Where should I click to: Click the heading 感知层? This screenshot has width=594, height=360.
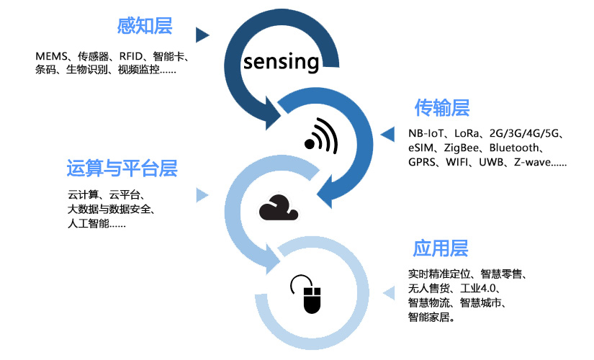click(145, 27)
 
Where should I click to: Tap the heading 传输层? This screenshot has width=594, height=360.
click(441, 108)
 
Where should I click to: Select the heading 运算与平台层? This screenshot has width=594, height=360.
click(122, 168)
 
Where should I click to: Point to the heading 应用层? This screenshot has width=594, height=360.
click(440, 248)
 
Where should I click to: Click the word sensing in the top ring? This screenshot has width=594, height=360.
click(281, 61)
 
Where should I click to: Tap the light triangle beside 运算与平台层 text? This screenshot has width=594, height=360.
click(202, 194)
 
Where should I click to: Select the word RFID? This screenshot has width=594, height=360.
click(132, 56)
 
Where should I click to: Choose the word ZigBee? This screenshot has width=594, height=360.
click(463, 148)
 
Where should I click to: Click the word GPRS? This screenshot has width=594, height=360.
click(423, 163)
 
